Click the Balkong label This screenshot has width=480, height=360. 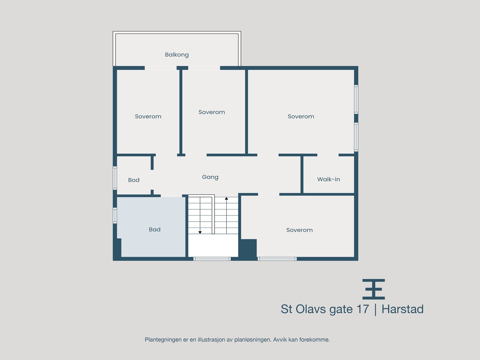[x=177, y=55]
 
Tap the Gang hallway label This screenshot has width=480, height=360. [x=210, y=177]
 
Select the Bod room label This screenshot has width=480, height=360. [x=134, y=180]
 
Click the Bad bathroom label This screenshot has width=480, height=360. [x=154, y=229]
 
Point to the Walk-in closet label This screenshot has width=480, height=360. [x=328, y=179]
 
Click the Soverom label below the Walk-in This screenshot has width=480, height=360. [x=299, y=230]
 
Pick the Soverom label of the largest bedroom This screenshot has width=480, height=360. [x=301, y=116]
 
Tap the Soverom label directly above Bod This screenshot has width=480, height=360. [x=148, y=116]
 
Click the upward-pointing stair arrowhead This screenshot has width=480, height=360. [x=226, y=199]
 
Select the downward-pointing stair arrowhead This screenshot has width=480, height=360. [x=200, y=232]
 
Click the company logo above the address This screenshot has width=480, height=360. [x=373, y=289]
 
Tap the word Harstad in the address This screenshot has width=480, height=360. [x=402, y=309]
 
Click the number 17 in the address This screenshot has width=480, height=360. [x=362, y=309]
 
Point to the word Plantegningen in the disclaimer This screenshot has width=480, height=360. [x=163, y=340]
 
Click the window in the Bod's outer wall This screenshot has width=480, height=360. [x=115, y=178]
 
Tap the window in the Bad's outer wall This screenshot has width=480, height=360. [x=115, y=215]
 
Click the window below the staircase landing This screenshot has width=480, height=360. [x=212, y=259]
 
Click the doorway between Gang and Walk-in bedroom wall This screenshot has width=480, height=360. [x=328, y=155]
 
